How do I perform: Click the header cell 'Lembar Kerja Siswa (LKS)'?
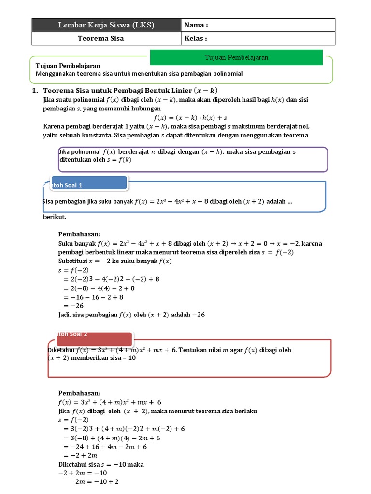click(x=106, y=25)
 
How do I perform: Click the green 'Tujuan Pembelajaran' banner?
click(x=236, y=57)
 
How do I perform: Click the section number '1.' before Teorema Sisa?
click(x=35, y=90)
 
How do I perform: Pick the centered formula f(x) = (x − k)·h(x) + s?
click(x=190, y=117)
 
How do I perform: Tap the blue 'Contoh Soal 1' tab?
click(x=85, y=183)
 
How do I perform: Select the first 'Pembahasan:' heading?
click(x=79, y=234)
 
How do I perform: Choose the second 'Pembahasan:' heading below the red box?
click(x=79, y=393)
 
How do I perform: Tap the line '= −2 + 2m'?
click(x=80, y=455)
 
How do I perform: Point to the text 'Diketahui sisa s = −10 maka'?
click(x=101, y=464)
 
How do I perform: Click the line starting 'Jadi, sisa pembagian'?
click(x=131, y=315)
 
